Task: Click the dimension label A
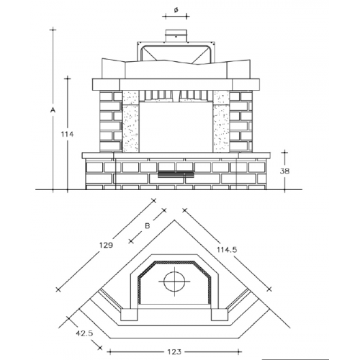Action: [53, 110]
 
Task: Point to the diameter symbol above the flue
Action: [176, 10]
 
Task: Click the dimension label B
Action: [146, 225]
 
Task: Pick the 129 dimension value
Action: [106, 245]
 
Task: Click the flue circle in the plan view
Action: [174, 282]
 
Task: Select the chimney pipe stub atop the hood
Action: [175, 35]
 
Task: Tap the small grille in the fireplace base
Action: [175, 172]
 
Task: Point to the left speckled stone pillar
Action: [131, 120]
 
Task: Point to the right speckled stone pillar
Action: [220, 120]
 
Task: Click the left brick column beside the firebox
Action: [109, 120]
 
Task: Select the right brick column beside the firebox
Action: [241, 120]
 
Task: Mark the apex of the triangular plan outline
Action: [174, 222]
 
